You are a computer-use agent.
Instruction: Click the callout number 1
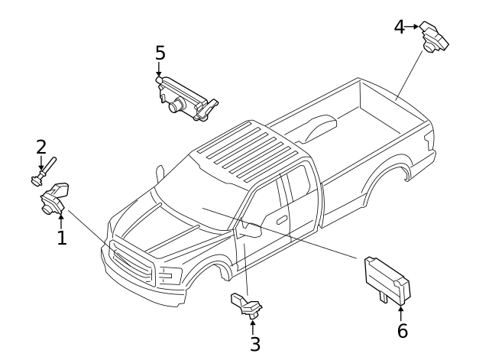62,238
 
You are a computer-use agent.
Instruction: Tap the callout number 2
40,146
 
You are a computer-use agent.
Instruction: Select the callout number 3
255,344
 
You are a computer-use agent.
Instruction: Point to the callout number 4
399,27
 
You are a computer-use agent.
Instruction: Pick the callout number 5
160,53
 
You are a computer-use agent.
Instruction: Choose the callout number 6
402,331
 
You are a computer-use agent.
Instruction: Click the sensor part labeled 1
54,198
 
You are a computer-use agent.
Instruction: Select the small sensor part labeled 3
246,305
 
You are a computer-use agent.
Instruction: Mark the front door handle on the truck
282,219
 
